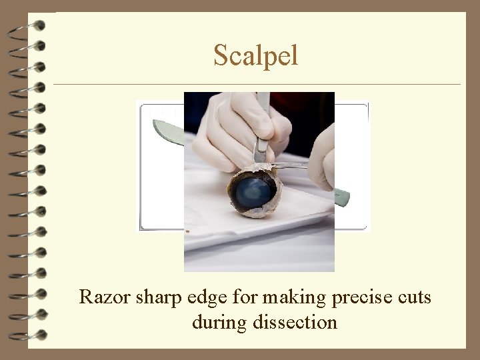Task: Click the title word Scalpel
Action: [255, 55]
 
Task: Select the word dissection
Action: [295, 323]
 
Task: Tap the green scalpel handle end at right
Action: [341, 197]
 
